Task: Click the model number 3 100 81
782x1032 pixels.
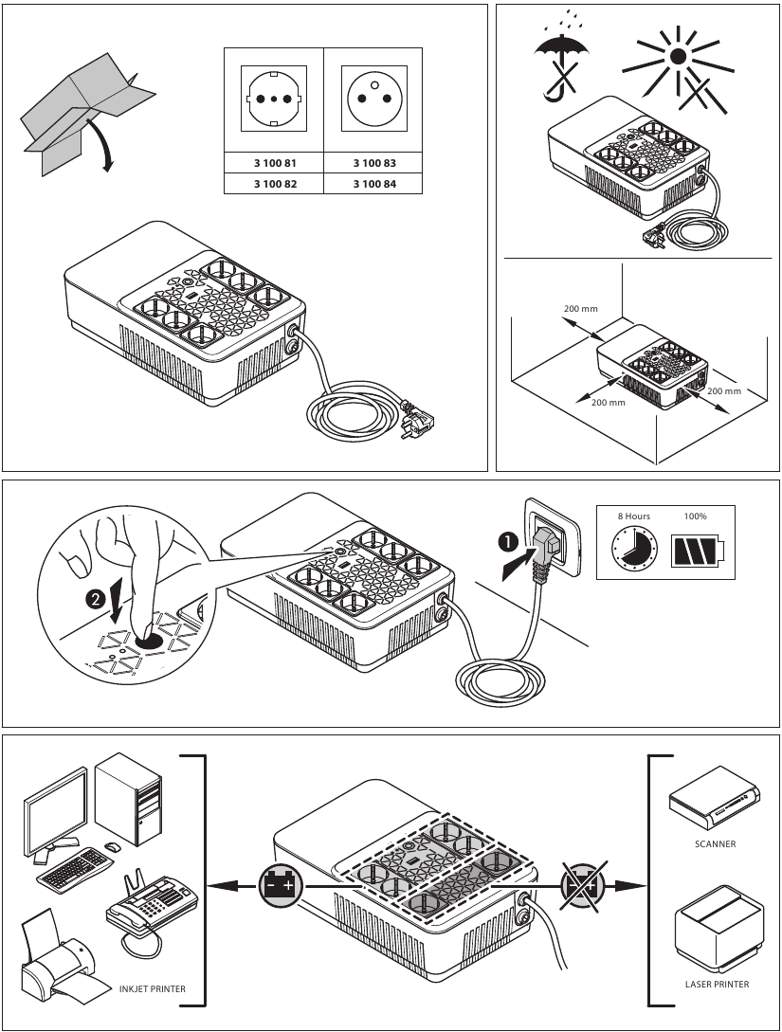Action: pos(273,164)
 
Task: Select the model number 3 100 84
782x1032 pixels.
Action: pos(373,184)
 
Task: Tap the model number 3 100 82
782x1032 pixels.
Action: pos(273,184)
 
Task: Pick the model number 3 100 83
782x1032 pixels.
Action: pos(373,164)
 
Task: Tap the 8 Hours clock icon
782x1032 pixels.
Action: pos(633,549)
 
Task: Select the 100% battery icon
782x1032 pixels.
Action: pos(697,550)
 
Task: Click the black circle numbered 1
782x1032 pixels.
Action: pos(508,542)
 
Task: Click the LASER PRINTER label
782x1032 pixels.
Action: pos(717,984)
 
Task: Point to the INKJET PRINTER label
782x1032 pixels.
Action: pos(153,988)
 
